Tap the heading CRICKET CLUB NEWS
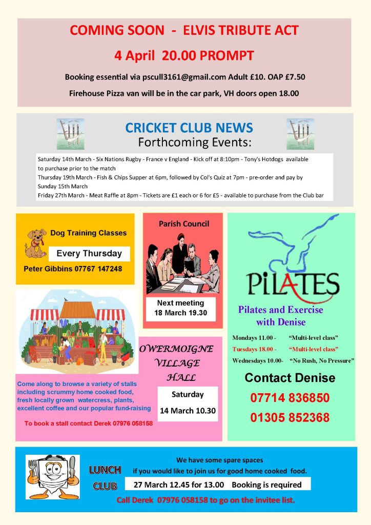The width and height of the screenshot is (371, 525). pyautogui.click(x=189, y=128)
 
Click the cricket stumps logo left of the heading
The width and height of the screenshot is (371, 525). pyautogui.click(x=70, y=134)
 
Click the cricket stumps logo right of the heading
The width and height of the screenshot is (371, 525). pyautogui.click(x=300, y=134)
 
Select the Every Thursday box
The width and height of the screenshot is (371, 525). pyautogui.click(x=89, y=253)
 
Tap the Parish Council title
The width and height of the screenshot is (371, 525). pyautogui.click(x=183, y=224)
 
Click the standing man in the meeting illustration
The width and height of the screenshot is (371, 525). pyautogui.click(x=180, y=251)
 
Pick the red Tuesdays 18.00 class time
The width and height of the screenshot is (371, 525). pyautogui.click(x=254, y=349)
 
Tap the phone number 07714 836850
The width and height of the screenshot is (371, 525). pyautogui.click(x=290, y=398)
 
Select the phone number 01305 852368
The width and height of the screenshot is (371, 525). pyautogui.click(x=290, y=418)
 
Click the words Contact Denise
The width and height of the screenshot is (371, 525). pyautogui.click(x=290, y=378)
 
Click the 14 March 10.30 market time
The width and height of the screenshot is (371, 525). pyautogui.click(x=188, y=411)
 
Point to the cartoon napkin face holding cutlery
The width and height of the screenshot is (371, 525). pyautogui.click(x=52, y=477)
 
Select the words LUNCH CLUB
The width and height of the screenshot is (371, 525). pyautogui.click(x=105, y=477)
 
